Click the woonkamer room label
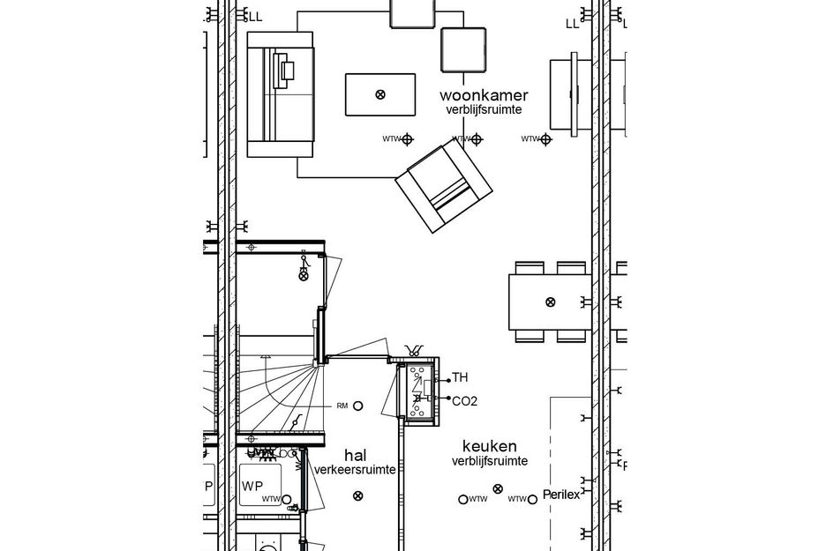point(485,95)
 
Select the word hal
point(356,455)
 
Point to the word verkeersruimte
point(355,470)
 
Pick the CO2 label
point(465,401)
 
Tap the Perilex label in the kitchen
point(561,495)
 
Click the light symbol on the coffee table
point(379,94)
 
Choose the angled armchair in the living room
point(444,186)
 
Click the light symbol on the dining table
point(550,302)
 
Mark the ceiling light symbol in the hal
point(357,496)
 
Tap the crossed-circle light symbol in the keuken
point(498,488)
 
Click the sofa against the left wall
point(280,94)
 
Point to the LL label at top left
point(255,17)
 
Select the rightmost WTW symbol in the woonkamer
point(545,139)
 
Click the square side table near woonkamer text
point(463,49)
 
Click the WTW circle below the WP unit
point(286,499)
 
